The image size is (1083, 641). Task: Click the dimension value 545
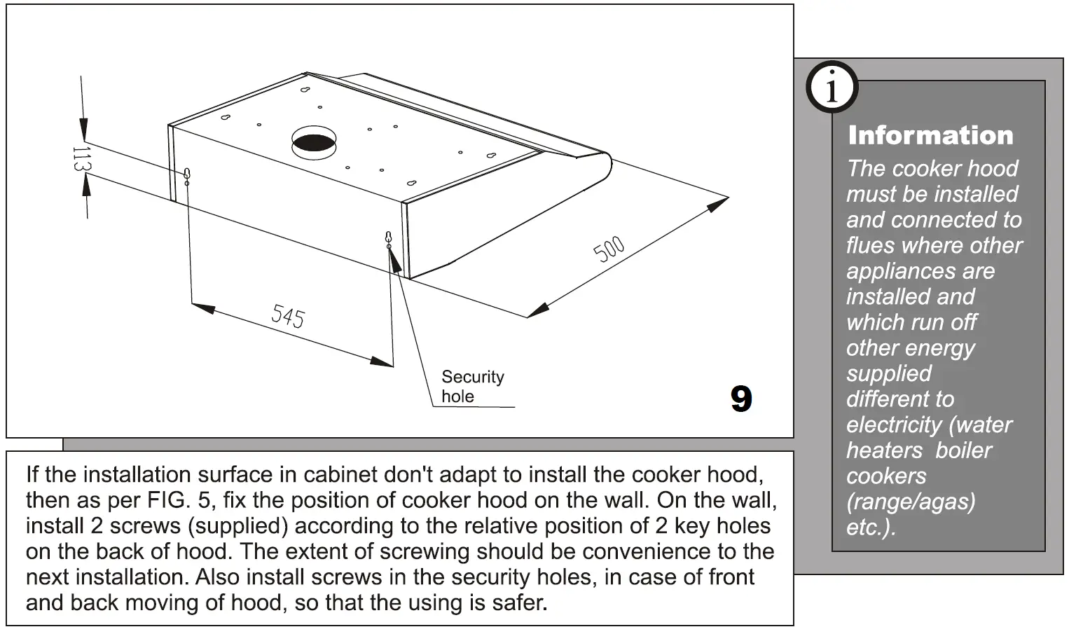288,317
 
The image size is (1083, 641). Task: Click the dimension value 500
609,249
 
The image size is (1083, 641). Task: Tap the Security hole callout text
472,387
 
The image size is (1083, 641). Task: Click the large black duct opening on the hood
314,142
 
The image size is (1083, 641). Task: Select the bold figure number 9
740,399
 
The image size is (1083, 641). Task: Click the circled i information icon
832,88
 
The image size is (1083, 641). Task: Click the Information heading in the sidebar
930,135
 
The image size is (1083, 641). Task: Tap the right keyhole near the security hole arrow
388,237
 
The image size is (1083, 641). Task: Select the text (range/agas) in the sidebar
911,502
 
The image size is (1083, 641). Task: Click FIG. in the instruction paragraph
166,500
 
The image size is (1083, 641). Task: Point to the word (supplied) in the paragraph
238,526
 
